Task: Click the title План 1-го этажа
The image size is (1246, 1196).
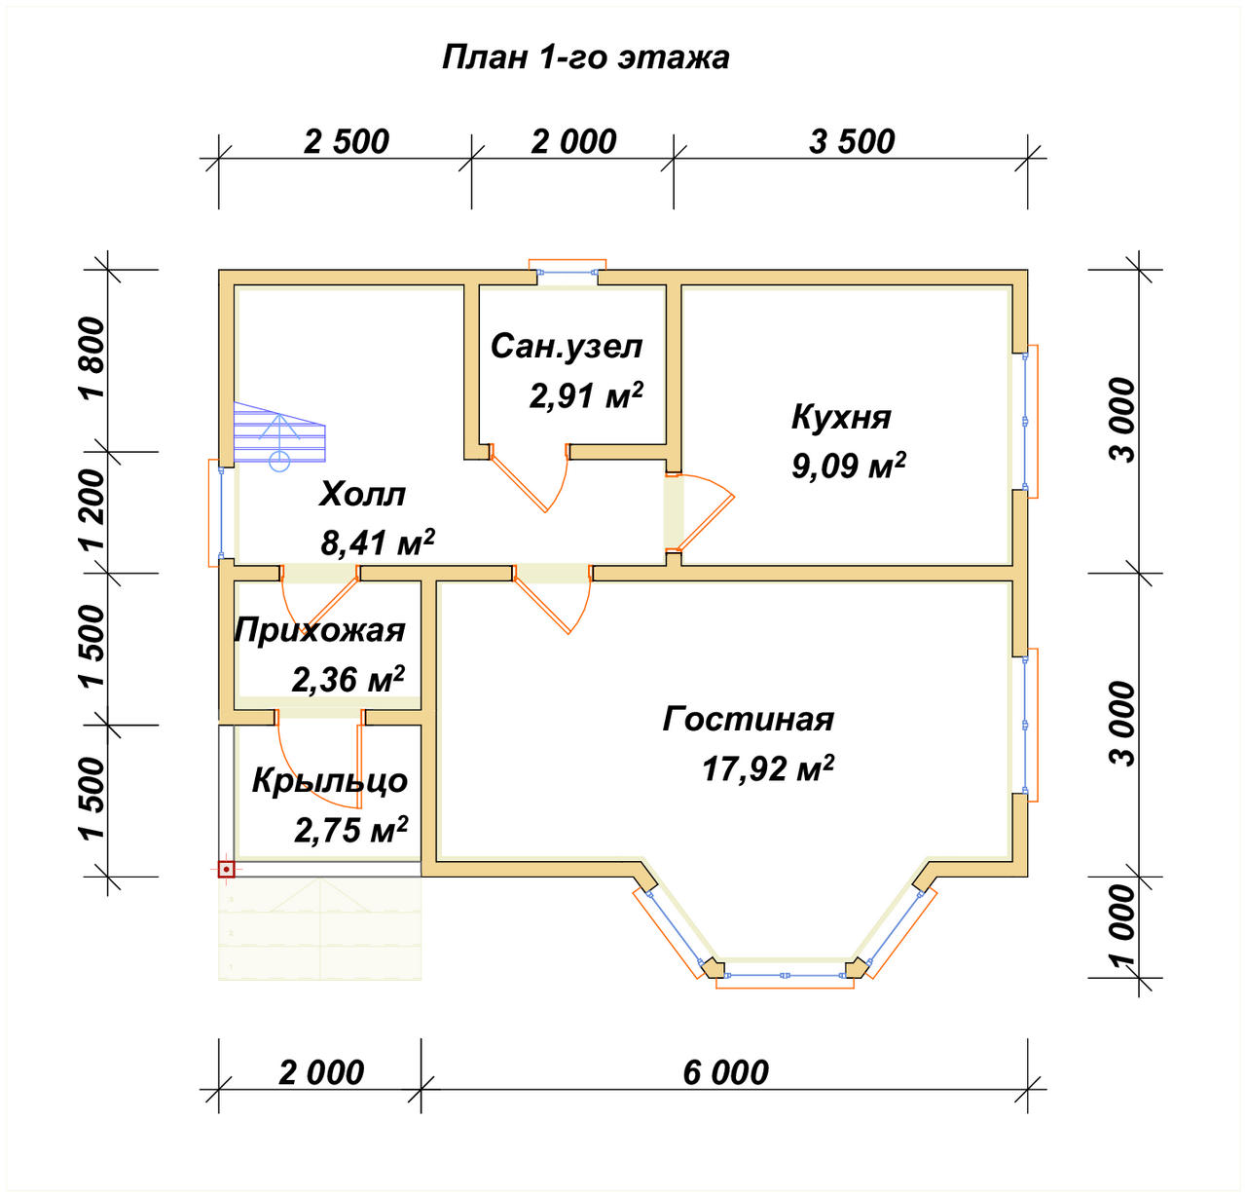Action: coord(585,57)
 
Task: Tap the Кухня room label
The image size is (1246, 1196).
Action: coord(841,417)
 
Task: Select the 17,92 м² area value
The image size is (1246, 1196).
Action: coord(768,768)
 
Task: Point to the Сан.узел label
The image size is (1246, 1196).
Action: coord(566,347)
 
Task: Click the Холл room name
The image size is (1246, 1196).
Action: coord(362,494)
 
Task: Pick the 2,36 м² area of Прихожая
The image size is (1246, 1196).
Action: coord(348,679)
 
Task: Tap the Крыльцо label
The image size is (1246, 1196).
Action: coord(330,780)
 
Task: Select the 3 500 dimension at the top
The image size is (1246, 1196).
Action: coord(852,141)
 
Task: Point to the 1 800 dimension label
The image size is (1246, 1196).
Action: coord(93,357)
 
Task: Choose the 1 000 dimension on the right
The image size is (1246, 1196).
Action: coord(1122,927)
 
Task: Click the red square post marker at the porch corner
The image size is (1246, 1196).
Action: coord(226,870)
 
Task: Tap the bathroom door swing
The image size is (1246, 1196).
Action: coord(529,477)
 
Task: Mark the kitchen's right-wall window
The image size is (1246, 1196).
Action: coord(1026,421)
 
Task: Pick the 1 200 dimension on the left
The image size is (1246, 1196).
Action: coord(93,510)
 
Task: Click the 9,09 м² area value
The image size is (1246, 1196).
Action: coord(849,466)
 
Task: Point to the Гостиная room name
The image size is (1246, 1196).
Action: coord(748,719)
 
